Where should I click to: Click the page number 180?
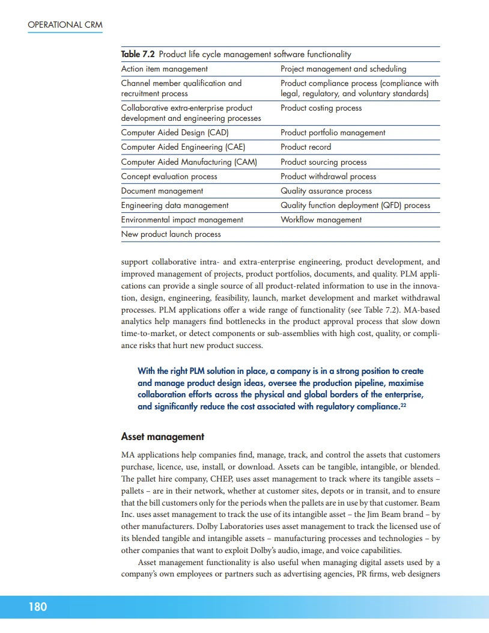point(37,607)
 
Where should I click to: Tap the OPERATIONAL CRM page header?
point(65,25)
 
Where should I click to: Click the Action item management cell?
point(164,69)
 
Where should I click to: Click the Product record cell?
point(305,147)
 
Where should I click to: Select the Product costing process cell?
point(321,108)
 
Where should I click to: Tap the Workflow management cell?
point(321,219)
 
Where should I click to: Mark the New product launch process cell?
point(171,234)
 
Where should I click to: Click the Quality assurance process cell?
point(326,191)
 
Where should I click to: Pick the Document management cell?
point(162,191)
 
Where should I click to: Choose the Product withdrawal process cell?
point(328,176)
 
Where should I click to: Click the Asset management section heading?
point(162,436)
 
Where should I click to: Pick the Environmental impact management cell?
point(182,219)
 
